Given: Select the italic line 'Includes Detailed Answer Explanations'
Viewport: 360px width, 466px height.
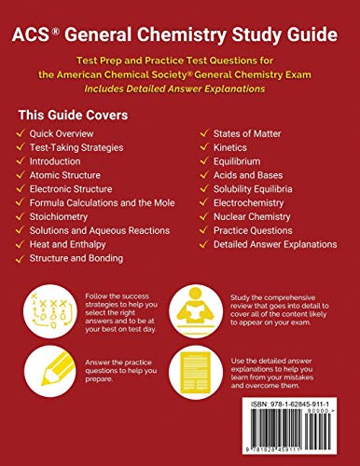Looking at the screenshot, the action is [179, 88].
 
